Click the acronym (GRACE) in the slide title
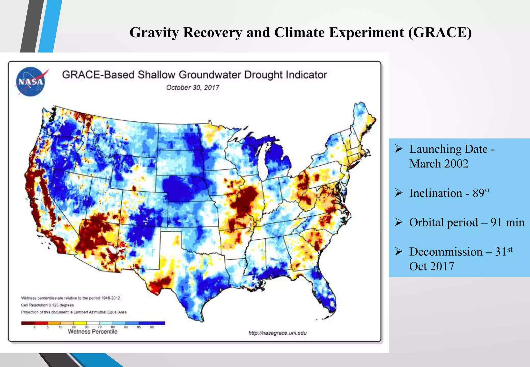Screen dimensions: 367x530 440,33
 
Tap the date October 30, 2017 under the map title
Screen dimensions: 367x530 193,88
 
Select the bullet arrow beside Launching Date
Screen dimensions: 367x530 399,149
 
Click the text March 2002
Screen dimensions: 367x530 439,164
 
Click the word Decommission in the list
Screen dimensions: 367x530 446,252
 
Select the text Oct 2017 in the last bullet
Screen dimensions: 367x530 431,267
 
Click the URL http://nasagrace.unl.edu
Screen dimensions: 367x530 277,333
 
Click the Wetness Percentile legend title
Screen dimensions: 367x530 93,332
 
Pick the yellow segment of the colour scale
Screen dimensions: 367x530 80,323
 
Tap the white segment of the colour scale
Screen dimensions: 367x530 93,323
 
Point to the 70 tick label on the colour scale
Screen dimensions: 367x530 100,327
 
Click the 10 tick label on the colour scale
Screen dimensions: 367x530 61,327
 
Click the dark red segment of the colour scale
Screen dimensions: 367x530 28,323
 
